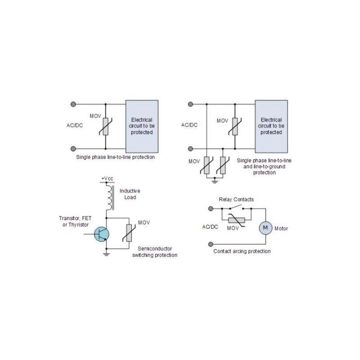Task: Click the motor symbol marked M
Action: pyautogui.click(x=265, y=228)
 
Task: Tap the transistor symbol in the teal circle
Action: pyautogui.click(x=102, y=234)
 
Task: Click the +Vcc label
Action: pyautogui.click(x=107, y=178)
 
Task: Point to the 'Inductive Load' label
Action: pyautogui.click(x=130, y=194)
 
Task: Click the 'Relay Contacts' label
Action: pyautogui.click(x=236, y=199)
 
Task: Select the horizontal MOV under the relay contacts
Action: pyautogui.click(x=237, y=220)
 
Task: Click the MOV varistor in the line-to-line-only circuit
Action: pyautogui.click(x=106, y=126)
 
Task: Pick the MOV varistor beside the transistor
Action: pyautogui.click(x=129, y=233)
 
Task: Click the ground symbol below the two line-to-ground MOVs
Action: pyautogui.click(x=215, y=181)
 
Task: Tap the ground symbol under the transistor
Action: pyautogui.click(x=106, y=254)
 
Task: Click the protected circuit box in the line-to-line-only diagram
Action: pyautogui.click(x=142, y=126)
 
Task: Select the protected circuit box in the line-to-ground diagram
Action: pyautogui.click(x=271, y=126)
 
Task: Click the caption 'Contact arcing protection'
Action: pyautogui.click(x=242, y=251)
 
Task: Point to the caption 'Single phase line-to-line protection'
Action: pyautogui.click(x=115, y=157)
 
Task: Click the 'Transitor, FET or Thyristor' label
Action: pyautogui.click(x=75, y=221)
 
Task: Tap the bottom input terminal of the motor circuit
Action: pyautogui.click(x=211, y=244)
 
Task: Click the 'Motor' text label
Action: pyautogui.click(x=281, y=229)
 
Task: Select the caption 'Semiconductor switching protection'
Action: pyautogui.click(x=155, y=252)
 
